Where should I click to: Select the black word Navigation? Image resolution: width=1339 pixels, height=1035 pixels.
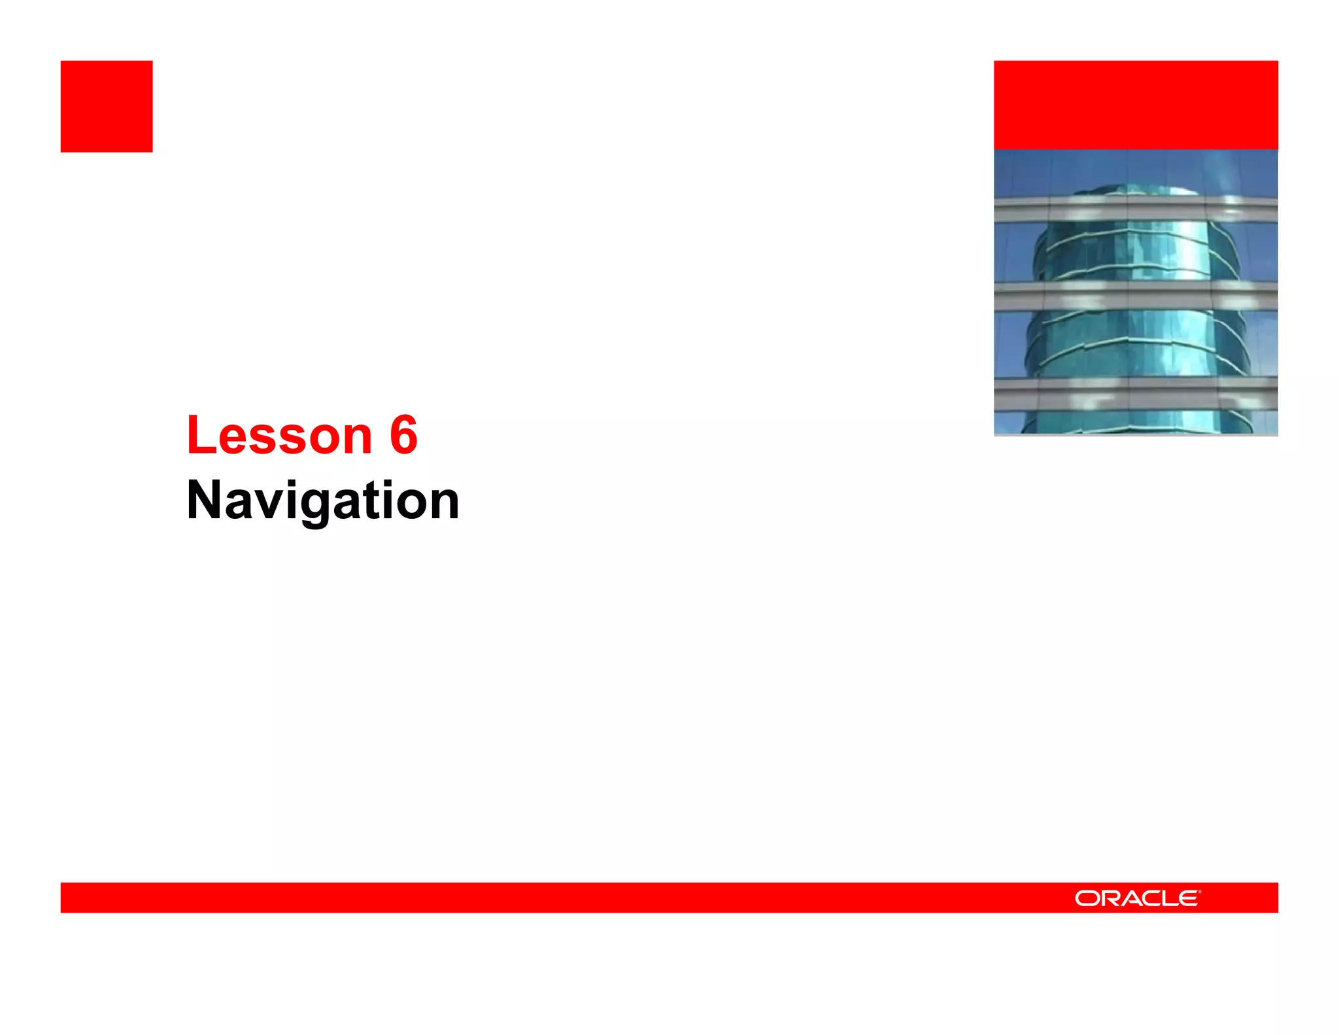coord(323,500)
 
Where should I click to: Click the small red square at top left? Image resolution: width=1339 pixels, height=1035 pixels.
coord(107,107)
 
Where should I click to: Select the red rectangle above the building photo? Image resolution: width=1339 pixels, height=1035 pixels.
coord(1136,105)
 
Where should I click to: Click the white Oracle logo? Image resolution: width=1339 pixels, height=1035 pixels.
coord(1137,898)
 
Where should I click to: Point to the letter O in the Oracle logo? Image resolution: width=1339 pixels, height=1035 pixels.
coord(1087,898)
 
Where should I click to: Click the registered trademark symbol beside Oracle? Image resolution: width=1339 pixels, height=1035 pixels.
coord(1200,891)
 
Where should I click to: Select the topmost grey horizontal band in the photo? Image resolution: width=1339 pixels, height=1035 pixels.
coord(1136,209)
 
